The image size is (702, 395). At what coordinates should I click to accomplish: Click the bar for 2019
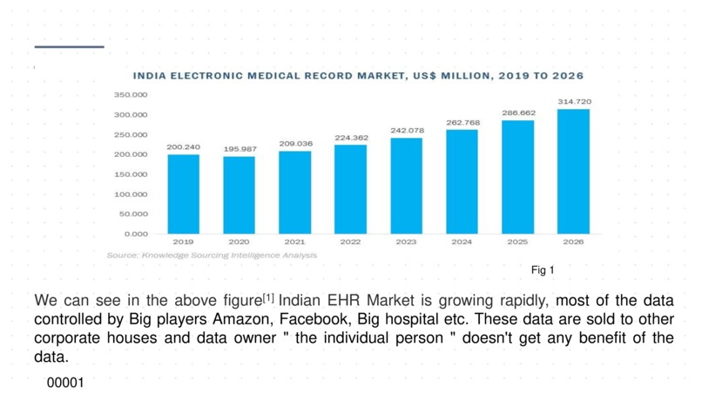pyautogui.click(x=183, y=194)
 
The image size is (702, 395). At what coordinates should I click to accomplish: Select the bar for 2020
pyautogui.click(x=239, y=194)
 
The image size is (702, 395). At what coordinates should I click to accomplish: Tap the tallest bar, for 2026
pyautogui.click(x=573, y=171)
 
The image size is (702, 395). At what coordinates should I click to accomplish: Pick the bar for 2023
pyautogui.click(x=406, y=186)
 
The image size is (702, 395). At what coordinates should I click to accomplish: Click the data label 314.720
pyautogui.click(x=574, y=102)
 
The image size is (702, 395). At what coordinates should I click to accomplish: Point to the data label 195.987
pyautogui.click(x=240, y=149)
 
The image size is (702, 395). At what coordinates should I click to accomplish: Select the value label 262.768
pyautogui.click(x=462, y=122)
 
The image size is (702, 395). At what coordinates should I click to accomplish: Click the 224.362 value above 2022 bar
pyautogui.click(x=351, y=138)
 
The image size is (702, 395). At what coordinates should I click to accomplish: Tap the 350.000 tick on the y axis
pyautogui.click(x=131, y=94)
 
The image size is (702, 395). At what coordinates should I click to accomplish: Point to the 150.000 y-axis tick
pyautogui.click(x=131, y=174)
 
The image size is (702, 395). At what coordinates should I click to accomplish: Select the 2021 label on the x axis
pyautogui.click(x=294, y=242)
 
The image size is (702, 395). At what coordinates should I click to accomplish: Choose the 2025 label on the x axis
pyautogui.click(x=517, y=242)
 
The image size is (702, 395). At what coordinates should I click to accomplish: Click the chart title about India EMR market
pyautogui.click(x=358, y=76)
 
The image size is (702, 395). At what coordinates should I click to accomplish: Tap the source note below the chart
pyautogui.click(x=212, y=255)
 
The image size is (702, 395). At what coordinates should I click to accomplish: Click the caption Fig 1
pyautogui.click(x=542, y=269)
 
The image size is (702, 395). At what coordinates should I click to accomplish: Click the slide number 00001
pyautogui.click(x=64, y=382)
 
